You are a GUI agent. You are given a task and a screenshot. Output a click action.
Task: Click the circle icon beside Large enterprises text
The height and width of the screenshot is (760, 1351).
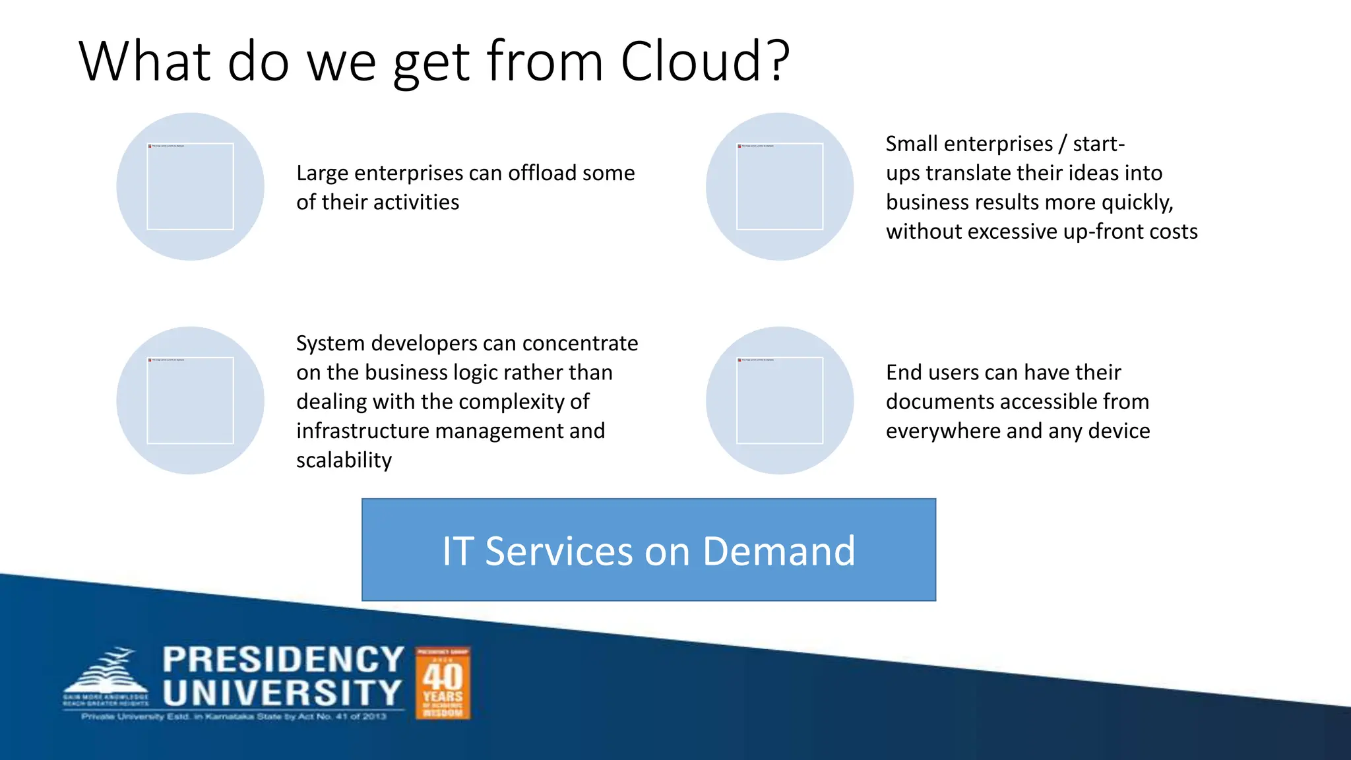point(190,187)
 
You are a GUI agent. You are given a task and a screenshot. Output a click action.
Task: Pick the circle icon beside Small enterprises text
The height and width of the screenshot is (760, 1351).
point(780,187)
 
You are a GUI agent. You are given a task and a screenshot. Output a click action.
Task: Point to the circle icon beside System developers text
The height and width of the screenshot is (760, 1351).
point(190,400)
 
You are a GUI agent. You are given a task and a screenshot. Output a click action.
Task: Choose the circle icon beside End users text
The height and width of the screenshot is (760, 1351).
point(780,400)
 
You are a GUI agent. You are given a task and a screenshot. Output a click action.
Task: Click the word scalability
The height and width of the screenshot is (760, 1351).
point(344,460)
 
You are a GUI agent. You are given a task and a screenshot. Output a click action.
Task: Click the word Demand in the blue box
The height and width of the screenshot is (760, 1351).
point(778,551)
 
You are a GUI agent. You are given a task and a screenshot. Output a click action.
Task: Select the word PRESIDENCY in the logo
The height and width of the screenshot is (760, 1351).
point(283,659)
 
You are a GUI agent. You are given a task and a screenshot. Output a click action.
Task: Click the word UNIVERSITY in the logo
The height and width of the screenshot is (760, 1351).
point(282,693)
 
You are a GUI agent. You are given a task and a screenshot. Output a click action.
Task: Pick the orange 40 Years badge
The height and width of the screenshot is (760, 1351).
point(443,683)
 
